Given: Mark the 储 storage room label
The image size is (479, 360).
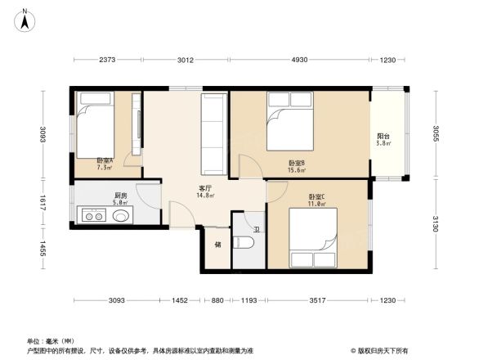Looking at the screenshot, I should pyautogui.click(x=217, y=244).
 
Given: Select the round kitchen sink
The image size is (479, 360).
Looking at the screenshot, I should pyautogui.click(x=120, y=217).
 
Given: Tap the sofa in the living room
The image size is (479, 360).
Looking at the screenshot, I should pyautogui.click(x=213, y=133).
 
